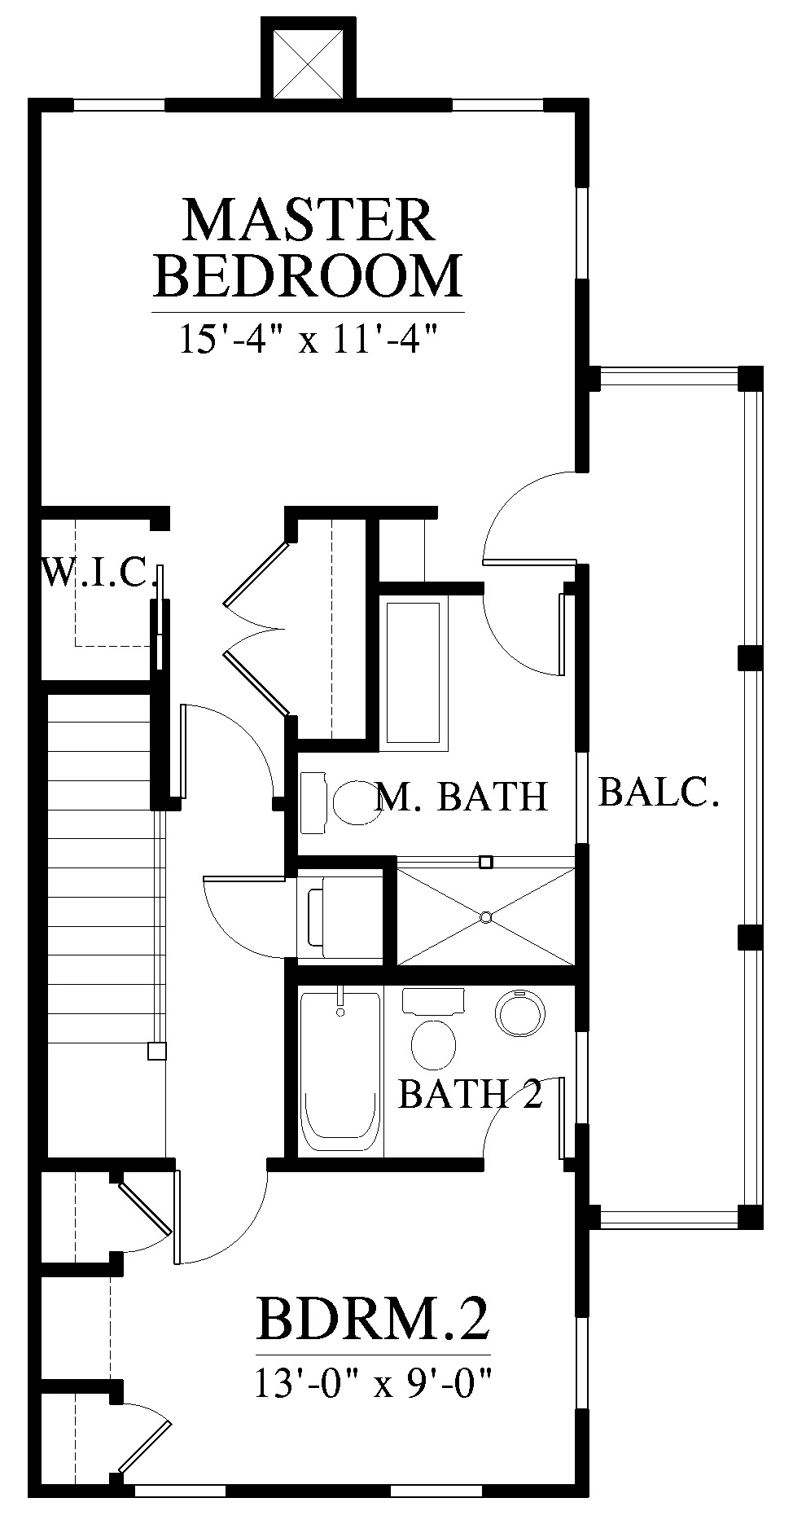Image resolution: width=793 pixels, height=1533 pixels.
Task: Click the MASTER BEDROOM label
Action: coord(308,248)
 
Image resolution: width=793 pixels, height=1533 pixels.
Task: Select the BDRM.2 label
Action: coord(374,1319)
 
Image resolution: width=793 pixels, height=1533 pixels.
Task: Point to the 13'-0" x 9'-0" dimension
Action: coord(374,1382)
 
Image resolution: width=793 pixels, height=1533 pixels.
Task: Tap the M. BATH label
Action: coord(462,796)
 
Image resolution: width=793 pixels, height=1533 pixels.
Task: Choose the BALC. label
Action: coord(659,791)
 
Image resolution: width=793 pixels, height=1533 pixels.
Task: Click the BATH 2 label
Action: coord(471,1094)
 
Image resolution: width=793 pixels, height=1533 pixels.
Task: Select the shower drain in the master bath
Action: coord(485,918)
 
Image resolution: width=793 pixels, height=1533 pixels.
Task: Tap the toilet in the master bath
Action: coord(334,802)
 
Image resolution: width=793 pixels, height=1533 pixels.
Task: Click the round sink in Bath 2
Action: coord(515,1012)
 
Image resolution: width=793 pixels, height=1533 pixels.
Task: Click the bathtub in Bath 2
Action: coord(340,1071)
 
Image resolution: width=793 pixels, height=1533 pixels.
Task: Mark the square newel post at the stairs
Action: coord(156,1051)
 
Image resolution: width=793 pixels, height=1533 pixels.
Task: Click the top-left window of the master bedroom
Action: coord(120,104)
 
